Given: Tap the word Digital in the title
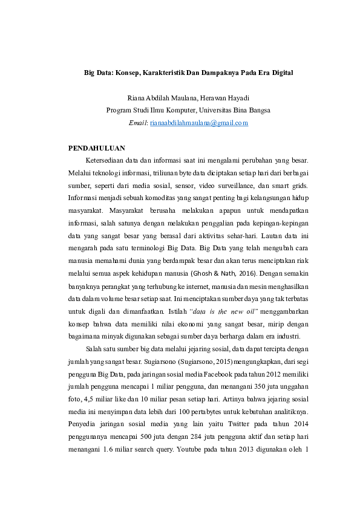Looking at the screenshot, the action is pyautogui.click(x=263, y=73).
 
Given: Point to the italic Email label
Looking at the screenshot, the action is pyautogui.click(x=138, y=123).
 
